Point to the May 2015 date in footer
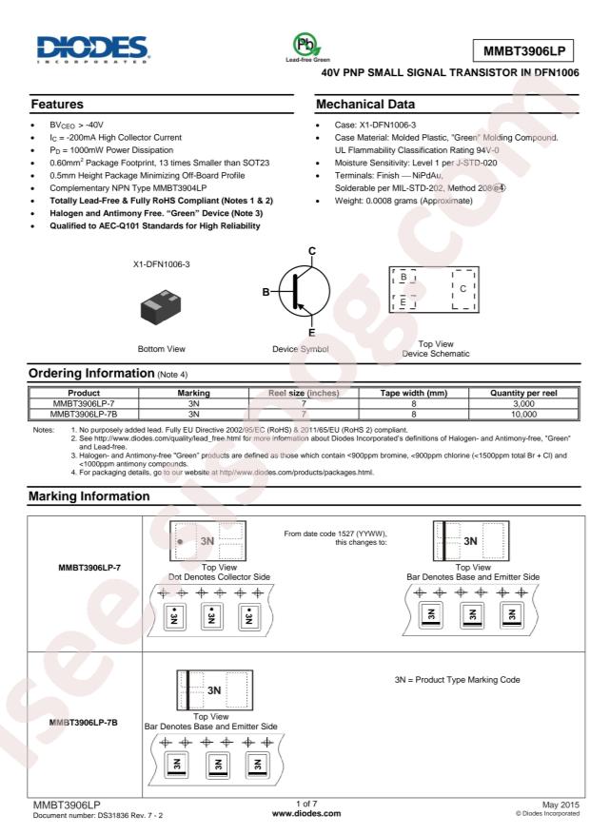pyautogui.click(x=559, y=805)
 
